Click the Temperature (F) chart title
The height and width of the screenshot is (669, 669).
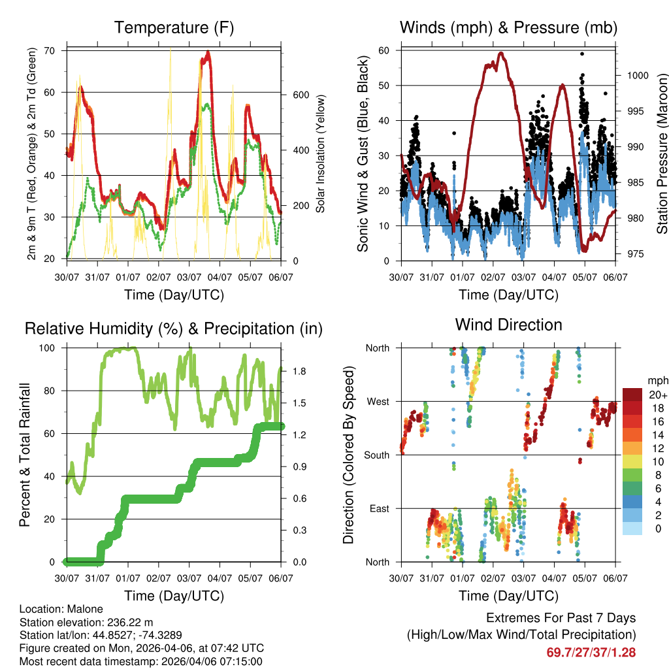point(174,27)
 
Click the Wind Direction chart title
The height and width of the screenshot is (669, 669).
point(508,325)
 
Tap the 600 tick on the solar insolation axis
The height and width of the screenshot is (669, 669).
point(301,94)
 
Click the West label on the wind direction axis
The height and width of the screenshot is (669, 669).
point(377,402)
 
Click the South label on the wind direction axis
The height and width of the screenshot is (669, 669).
point(376,455)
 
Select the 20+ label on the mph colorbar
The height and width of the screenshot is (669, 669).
point(657,395)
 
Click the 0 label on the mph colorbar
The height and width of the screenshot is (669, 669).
point(657,529)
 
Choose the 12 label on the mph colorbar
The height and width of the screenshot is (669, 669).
point(657,449)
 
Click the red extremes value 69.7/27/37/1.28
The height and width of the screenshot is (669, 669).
point(591,652)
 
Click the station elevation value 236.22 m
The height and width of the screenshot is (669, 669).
point(131,623)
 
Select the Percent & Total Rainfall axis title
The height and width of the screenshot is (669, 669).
point(25,455)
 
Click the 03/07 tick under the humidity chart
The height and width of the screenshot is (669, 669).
point(189,578)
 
